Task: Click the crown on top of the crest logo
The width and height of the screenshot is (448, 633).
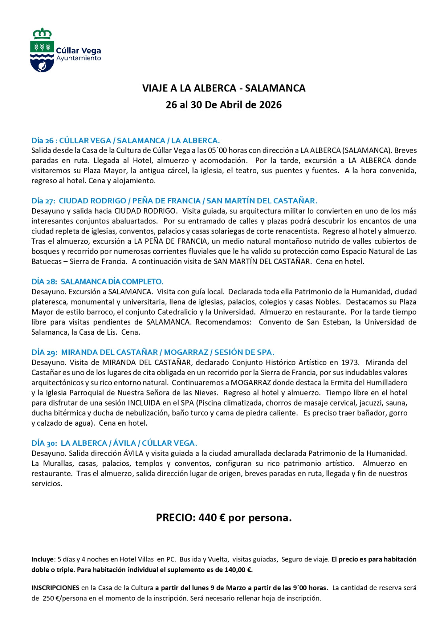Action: [42, 34]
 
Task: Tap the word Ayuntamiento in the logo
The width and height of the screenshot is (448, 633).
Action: [78, 58]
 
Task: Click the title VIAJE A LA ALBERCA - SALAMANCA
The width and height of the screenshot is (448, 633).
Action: [224, 88]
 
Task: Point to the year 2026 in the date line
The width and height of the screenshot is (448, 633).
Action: [271, 105]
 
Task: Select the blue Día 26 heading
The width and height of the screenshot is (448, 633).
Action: [126, 140]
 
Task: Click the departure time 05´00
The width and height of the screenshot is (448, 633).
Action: [217, 150]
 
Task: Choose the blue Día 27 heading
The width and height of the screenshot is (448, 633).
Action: [174, 201]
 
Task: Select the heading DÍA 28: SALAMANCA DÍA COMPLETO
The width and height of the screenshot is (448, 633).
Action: [97, 281]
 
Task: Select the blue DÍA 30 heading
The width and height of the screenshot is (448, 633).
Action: [114, 443]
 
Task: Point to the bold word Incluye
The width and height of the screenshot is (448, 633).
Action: [43, 559]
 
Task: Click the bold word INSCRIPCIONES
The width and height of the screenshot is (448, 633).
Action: [55, 588]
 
